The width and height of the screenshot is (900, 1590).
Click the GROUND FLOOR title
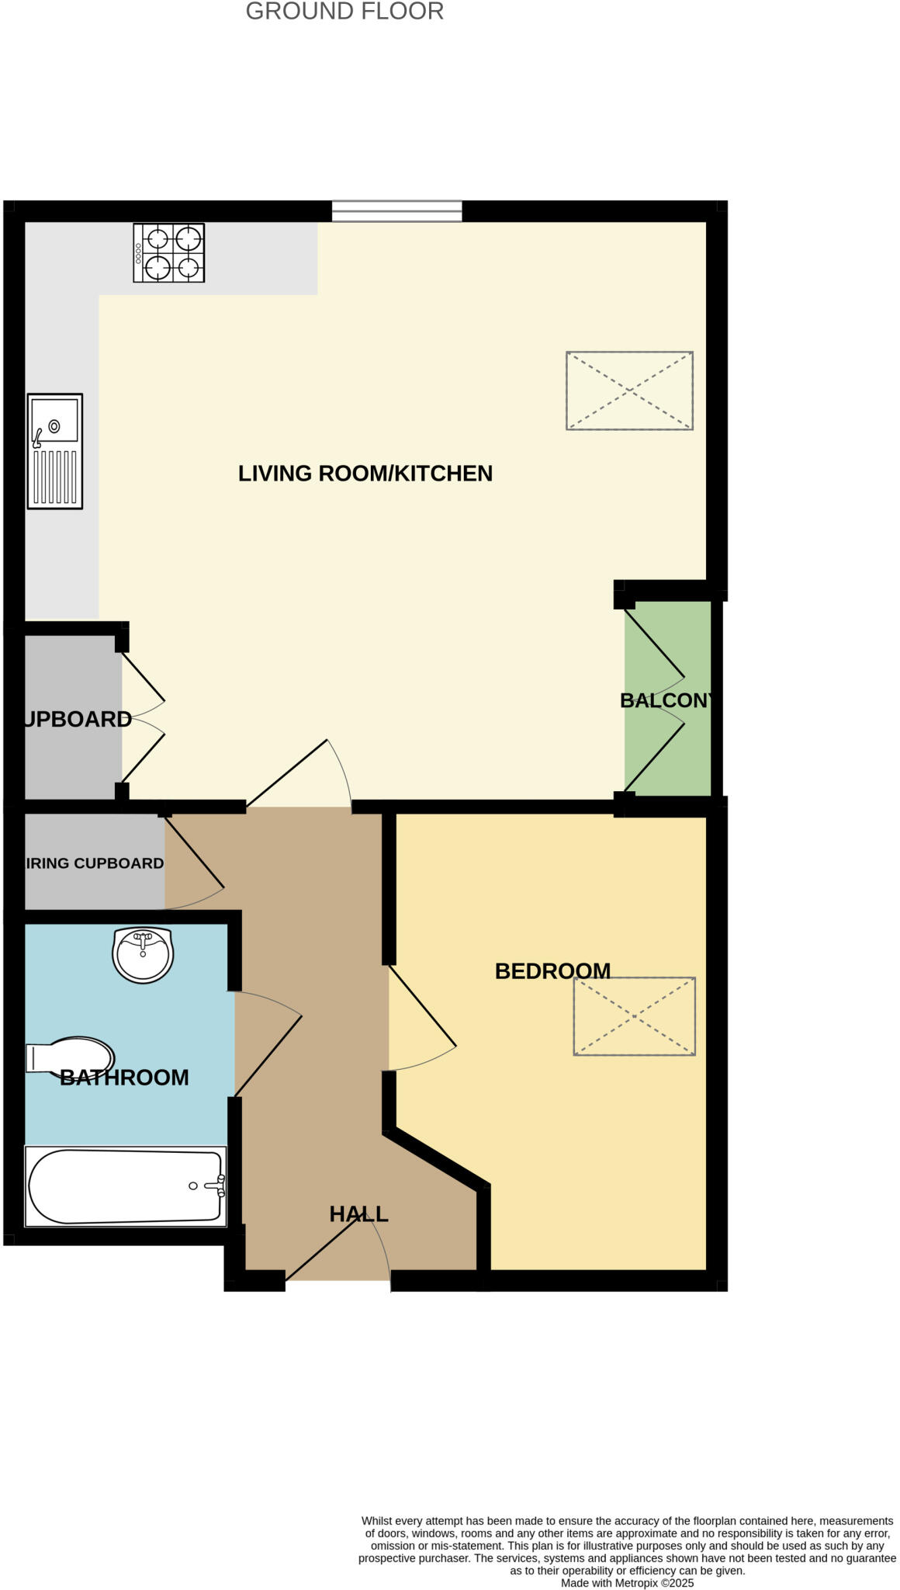[344, 12]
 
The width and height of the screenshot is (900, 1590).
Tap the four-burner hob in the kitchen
[168, 253]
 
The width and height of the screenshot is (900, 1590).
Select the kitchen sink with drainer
[55, 451]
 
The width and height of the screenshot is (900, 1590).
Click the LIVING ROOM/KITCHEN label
[365, 474]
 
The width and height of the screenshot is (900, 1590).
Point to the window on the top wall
[396, 210]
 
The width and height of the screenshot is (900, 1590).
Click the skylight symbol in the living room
[629, 391]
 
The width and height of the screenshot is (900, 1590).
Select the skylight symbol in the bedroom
[634, 1015]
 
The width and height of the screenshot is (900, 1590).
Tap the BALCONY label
[666, 700]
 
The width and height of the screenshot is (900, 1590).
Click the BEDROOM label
[552, 971]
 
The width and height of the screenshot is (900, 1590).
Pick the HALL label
[358, 1214]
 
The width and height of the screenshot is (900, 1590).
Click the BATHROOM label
[124, 1078]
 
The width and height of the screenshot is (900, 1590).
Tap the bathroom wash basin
[143, 954]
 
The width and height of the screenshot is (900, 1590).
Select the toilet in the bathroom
[70, 1057]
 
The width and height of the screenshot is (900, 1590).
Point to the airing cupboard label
[95, 863]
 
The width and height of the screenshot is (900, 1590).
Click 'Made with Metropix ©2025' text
[627, 1583]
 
